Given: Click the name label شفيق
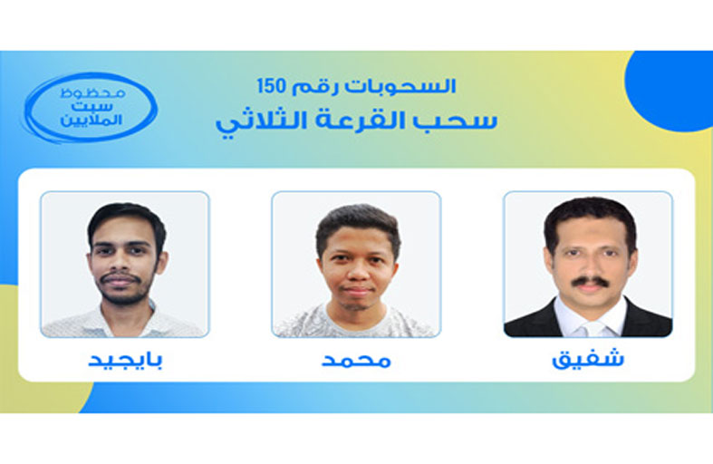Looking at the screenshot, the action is [x=587, y=359].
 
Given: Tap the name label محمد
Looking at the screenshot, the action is [x=356, y=361].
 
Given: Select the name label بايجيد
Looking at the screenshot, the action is [x=125, y=360].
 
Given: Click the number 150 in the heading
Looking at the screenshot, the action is [x=272, y=85].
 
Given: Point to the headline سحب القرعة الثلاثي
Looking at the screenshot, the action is [x=357, y=121].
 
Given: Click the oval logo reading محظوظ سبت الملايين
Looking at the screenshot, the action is [x=91, y=108].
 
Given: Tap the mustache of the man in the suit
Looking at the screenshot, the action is [x=590, y=282].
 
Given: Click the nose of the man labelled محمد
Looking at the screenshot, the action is [x=358, y=272].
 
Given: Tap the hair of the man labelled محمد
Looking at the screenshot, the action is [x=359, y=224].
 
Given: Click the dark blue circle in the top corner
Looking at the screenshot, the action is [x=670, y=89].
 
